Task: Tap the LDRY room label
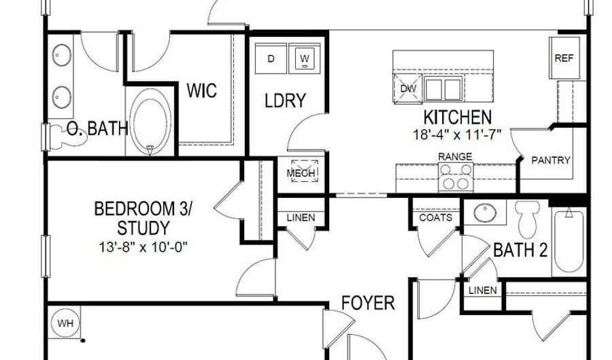tap(285, 101)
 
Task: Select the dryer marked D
tap(271, 59)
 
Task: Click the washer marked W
tap(305, 59)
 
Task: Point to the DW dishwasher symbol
tap(408, 88)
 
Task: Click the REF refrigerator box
tap(564, 59)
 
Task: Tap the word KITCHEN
tap(457, 116)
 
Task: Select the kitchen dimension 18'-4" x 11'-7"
tap(457, 134)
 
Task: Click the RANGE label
tap(455, 157)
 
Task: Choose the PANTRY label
tap(550, 161)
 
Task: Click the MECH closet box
tap(301, 173)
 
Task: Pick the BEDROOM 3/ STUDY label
tap(143, 217)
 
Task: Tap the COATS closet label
tap(436, 218)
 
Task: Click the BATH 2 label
tap(520, 250)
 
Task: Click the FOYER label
tap(368, 302)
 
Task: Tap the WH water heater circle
tap(65, 323)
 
